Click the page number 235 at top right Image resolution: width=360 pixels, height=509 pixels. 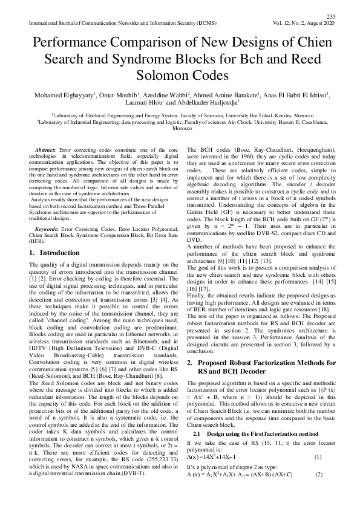330,16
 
